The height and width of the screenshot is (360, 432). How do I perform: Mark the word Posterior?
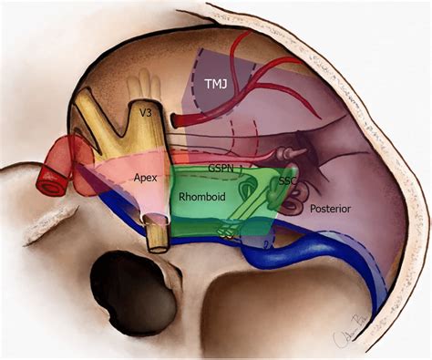(x=330, y=209)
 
